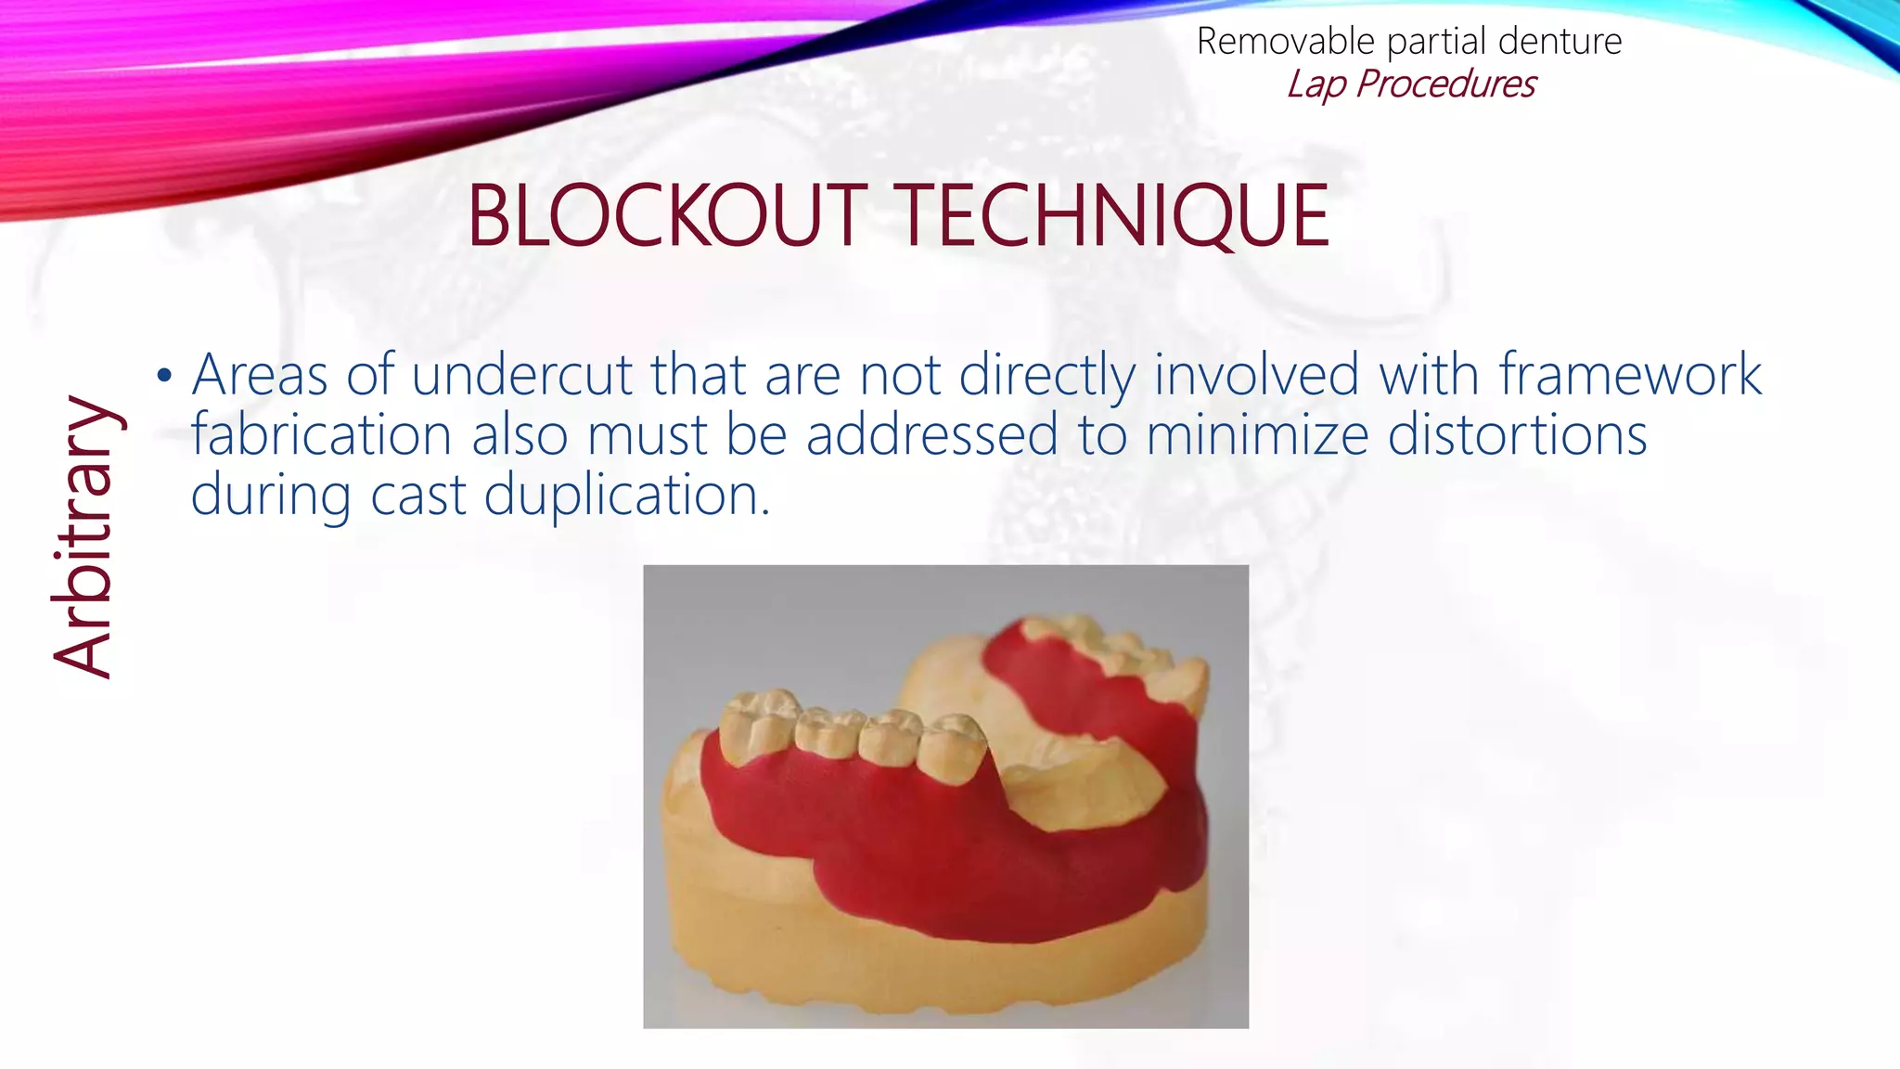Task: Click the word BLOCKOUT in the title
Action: coord(666,216)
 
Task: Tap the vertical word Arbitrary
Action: coord(83,537)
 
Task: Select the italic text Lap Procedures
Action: coord(1410,84)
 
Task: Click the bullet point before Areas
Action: coord(164,376)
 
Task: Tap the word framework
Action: coord(1630,376)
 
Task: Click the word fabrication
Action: coord(321,435)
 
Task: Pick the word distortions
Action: coord(1517,435)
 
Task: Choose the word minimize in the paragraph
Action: coord(1256,435)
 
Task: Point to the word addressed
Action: coord(931,435)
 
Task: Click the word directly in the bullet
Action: coord(1046,376)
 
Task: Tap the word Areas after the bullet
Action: coord(260,376)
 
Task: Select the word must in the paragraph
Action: coord(647,435)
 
